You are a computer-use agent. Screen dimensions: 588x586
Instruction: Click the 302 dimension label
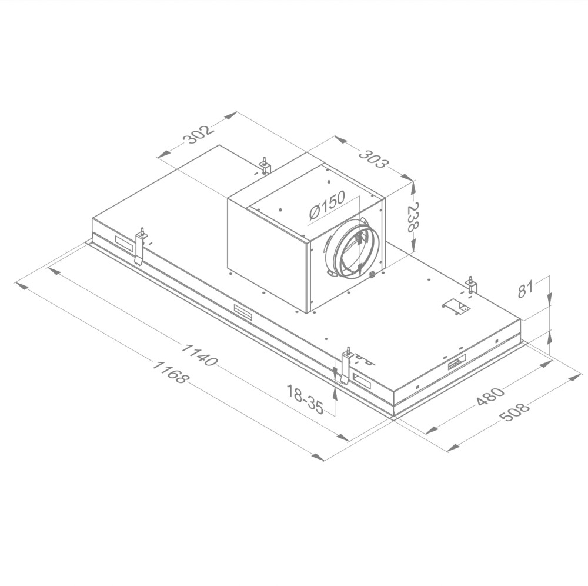click(198, 134)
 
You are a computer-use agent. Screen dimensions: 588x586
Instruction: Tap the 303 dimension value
click(372, 158)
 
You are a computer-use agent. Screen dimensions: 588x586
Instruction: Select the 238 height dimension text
click(413, 217)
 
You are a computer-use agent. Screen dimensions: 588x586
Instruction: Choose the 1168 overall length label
click(169, 372)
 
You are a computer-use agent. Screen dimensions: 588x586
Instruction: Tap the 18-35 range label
click(305, 399)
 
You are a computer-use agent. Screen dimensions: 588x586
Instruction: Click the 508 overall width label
click(515, 412)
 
